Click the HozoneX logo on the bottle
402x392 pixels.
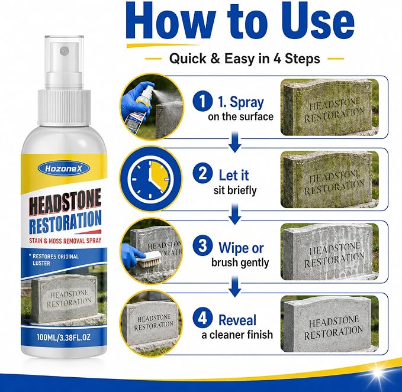coord(63,169)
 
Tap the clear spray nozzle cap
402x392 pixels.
coord(65,63)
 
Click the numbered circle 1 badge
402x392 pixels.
coord(202,102)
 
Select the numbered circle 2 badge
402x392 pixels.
coord(202,174)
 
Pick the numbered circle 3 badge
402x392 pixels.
coord(202,246)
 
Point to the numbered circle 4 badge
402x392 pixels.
coord(202,318)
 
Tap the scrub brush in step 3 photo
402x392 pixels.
coord(148,258)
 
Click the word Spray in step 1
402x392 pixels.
coord(247,103)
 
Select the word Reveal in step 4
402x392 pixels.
coord(237,320)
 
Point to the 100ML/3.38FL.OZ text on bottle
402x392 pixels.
coord(63,337)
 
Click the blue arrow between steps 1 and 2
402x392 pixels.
coord(235,141)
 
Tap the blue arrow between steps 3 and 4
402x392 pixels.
coord(235,286)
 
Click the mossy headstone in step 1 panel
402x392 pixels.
coord(329,108)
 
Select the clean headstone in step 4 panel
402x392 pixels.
coord(329,325)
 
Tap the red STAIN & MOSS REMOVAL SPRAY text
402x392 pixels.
coord(65,241)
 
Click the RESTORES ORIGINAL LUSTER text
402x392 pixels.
coord(56,260)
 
